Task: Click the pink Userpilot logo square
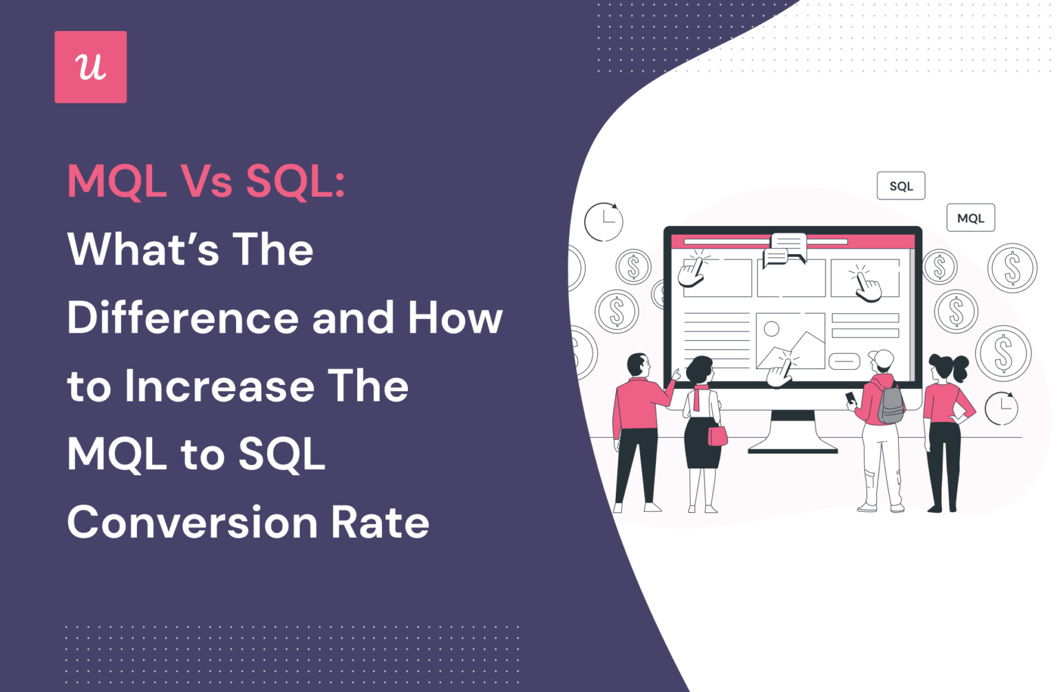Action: point(90,67)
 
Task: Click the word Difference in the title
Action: point(182,317)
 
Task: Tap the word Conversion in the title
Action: point(191,522)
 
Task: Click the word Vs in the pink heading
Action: point(206,181)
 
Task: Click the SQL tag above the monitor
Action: point(900,186)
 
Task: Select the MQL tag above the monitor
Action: point(970,218)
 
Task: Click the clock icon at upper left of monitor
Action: point(603,222)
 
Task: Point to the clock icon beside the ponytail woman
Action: point(1001,408)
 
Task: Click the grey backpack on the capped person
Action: point(890,403)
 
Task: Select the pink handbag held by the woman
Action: point(717,435)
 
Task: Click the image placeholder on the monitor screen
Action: point(790,340)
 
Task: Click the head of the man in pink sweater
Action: point(638,366)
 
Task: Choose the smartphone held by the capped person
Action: point(851,398)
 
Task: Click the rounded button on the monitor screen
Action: point(844,361)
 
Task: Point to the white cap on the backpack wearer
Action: point(882,357)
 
